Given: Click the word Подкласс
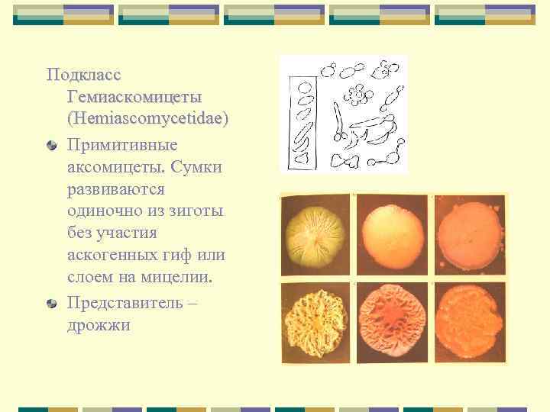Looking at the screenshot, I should pyautogui.click(x=84, y=76).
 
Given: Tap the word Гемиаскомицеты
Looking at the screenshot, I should pyautogui.click(x=134, y=98).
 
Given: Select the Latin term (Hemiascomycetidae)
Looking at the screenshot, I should pyautogui.click(x=147, y=121).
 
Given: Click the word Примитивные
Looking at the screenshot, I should pyautogui.click(x=122, y=143).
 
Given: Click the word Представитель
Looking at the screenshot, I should pyautogui.click(x=125, y=302).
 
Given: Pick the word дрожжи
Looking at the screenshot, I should pyautogui.click(x=99, y=325).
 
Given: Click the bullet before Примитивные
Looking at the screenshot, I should pyautogui.click(x=50, y=145).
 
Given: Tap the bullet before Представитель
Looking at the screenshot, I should pyautogui.click(x=50, y=303).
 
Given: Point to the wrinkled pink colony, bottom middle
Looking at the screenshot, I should pyautogui.click(x=393, y=322).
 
